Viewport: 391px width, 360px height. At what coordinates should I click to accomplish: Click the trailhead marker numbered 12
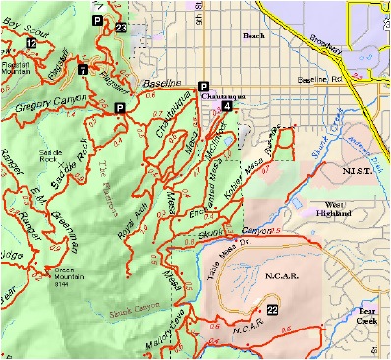(32, 44)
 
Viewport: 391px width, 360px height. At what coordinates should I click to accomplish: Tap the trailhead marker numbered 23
(120, 29)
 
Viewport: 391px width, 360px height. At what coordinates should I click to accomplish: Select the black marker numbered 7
(83, 70)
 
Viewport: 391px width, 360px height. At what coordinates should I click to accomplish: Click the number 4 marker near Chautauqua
(227, 105)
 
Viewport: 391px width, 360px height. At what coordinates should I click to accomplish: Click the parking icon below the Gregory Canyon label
(119, 107)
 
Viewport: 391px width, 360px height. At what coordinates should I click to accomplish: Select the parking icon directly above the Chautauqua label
(204, 86)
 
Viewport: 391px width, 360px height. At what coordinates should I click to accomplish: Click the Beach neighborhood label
(253, 36)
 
